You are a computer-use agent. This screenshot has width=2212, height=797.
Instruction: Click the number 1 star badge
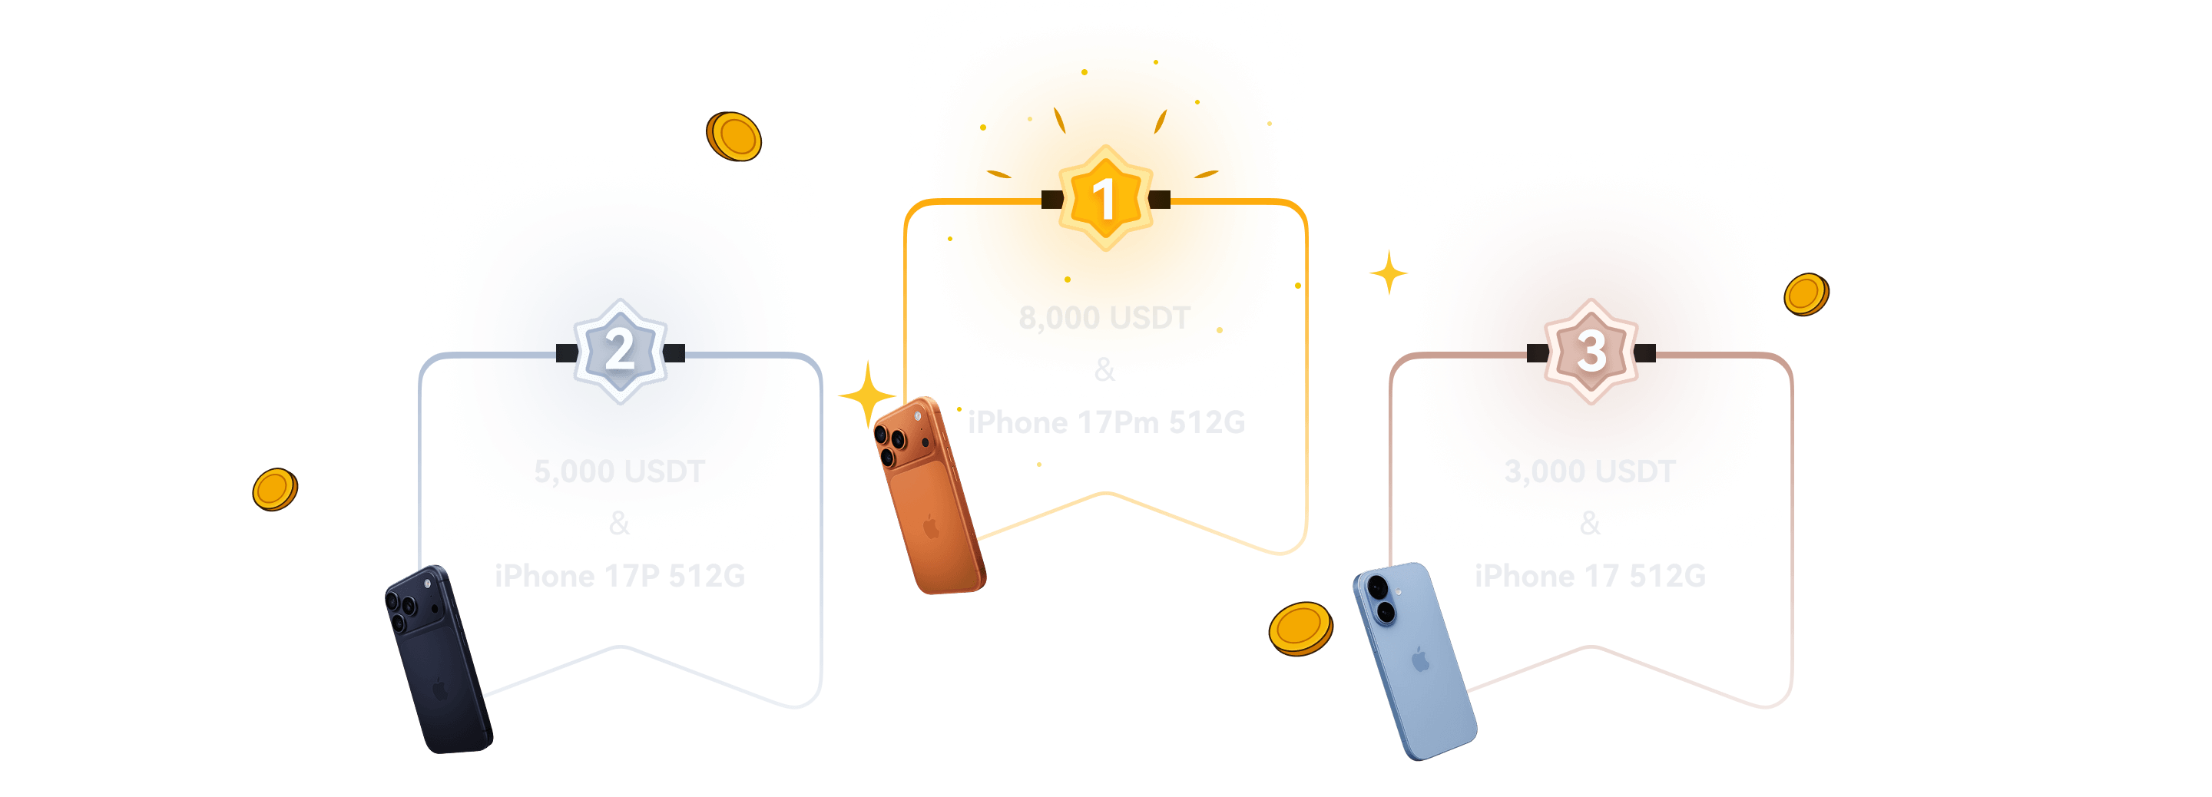coord(1105,198)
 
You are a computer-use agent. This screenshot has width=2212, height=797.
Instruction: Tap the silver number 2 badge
coord(620,351)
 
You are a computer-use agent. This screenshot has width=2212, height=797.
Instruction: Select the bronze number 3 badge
coord(1591,351)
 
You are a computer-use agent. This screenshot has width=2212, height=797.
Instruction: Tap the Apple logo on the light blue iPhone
coord(1421,660)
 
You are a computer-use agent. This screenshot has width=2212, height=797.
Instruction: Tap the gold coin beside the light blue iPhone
coord(1300,628)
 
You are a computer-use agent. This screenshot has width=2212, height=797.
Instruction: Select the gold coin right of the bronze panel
coord(1806,295)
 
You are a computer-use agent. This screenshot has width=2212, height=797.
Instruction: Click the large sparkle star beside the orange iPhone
coord(867,396)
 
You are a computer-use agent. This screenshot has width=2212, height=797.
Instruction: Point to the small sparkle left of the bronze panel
coord(1389,273)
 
